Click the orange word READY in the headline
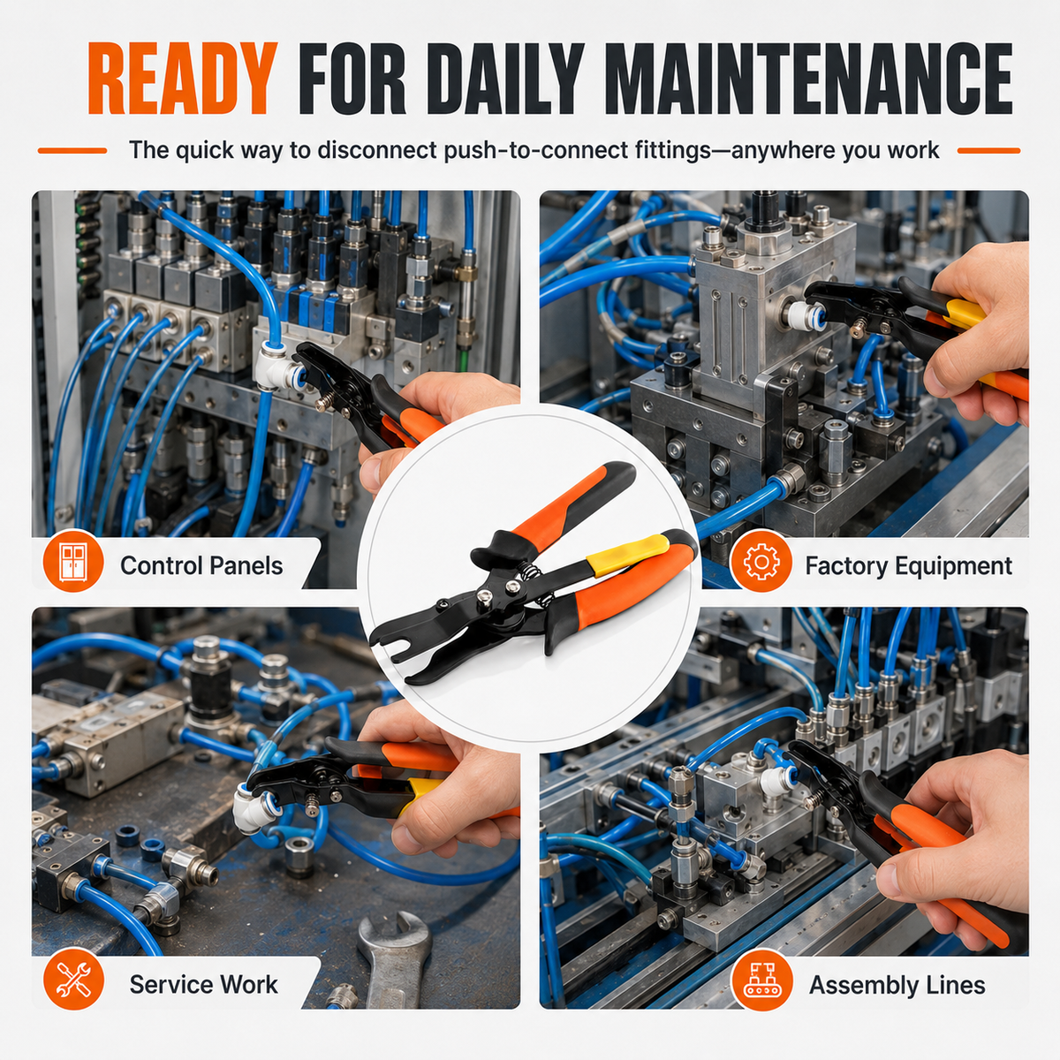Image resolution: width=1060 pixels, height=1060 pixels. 182,78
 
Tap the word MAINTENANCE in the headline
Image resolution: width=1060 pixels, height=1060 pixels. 812,78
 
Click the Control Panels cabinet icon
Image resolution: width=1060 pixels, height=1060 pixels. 73,564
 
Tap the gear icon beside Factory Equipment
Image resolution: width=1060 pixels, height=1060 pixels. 761,564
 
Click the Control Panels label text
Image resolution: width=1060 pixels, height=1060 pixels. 201,565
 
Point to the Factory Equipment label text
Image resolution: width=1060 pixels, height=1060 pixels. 909,565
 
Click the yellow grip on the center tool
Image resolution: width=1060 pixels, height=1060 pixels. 627,556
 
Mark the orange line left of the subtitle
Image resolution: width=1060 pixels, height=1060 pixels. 72,151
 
